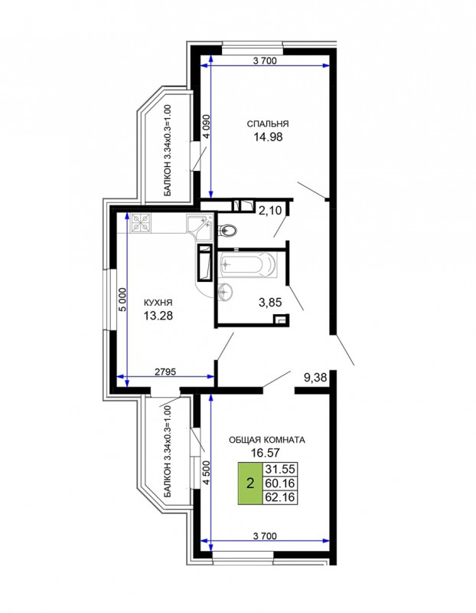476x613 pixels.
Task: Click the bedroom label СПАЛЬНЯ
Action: pos(268,124)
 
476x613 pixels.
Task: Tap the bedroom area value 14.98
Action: pos(268,137)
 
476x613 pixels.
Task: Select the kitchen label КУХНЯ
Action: pos(158,303)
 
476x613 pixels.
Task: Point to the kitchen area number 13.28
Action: pos(158,316)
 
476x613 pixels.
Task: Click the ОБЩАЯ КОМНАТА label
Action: pos(267,440)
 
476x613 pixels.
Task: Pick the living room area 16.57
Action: pos(265,453)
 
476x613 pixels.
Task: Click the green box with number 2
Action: pos(250,484)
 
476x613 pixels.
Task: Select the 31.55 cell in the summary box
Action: pos(280,469)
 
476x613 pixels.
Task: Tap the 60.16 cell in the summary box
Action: pos(280,484)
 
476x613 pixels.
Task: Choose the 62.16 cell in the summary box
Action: pos(280,497)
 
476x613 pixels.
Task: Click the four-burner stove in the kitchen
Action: pos(141,223)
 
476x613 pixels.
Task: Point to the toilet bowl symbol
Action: pos(227,231)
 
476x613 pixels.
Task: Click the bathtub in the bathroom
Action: pos(248,265)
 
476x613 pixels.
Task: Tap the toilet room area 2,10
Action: pos(270,211)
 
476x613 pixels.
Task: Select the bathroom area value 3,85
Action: pos(270,302)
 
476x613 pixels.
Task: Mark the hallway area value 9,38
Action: pos(315,378)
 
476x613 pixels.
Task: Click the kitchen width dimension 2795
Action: pos(165,372)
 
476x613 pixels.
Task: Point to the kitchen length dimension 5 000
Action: pos(123,300)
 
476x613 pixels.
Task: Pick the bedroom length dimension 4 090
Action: pos(207,126)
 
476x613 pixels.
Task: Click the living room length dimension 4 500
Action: pos(207,473)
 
